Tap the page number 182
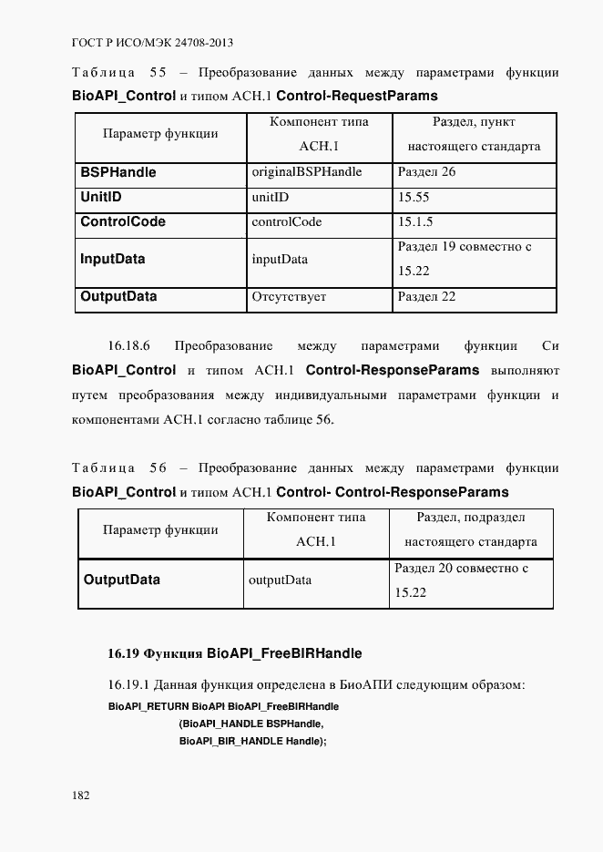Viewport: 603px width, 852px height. click(x=81, y=795)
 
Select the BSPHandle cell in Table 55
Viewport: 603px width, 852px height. click(x=118, y=172)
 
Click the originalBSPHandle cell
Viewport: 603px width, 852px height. click(x=306, y=172)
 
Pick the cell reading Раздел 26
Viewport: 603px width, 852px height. click(x=426, y=172)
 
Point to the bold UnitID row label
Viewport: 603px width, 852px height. click(x=101, y=197)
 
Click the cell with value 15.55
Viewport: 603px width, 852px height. click(x=414, y=197)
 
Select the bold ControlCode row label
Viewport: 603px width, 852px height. click(x=122, y=221)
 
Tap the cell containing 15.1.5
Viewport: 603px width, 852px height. click(x=415, y=221)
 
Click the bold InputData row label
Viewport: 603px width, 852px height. click(x=112, y=259)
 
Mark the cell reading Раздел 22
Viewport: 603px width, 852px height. click(x=426, y=296)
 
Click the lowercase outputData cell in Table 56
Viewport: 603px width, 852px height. click(x=280, y=580)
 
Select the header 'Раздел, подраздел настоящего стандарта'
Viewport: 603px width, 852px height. click(x=471, y=529)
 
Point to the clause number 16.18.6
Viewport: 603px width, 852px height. click(x=128, y=346)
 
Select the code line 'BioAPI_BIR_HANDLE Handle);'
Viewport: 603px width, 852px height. click(x=252, y=741)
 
